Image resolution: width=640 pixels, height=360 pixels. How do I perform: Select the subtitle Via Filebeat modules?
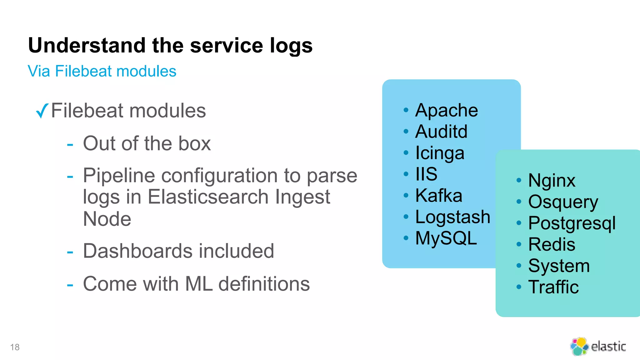(x=102, y=71)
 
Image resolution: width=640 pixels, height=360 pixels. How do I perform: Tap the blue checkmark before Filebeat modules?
(x=42, y=111)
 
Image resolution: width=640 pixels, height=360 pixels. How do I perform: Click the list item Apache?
(x=446, y=110)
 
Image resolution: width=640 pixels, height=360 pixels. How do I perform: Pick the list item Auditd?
(x=441, y=132)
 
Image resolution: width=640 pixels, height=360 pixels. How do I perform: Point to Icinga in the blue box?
(x=439, y=153)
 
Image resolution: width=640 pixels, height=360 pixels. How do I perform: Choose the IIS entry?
(x=426, y=174)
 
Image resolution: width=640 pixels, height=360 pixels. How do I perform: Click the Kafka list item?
(x=438, y=196)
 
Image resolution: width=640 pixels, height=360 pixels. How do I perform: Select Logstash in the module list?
(x=452, y=217)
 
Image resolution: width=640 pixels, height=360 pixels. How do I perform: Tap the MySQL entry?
(x=446, y=238)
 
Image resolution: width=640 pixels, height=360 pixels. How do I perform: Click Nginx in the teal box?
(x=552, y=181)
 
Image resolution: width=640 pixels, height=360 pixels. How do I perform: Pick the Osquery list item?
(x=563, y=202)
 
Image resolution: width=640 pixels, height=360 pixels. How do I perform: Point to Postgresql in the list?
(x=572, y=223)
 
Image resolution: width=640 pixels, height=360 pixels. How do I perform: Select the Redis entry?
(x=552, y=244)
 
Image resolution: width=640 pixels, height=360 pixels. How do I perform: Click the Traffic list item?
(x=553, y=287)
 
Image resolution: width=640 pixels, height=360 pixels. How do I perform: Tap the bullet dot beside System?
(x=519, y=266)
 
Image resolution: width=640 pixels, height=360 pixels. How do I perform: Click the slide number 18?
(x=15, y=347)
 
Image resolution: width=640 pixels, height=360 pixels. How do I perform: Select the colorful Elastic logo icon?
(x=579, y=346)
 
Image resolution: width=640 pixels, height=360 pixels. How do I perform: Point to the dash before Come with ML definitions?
(x=70, y=285)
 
